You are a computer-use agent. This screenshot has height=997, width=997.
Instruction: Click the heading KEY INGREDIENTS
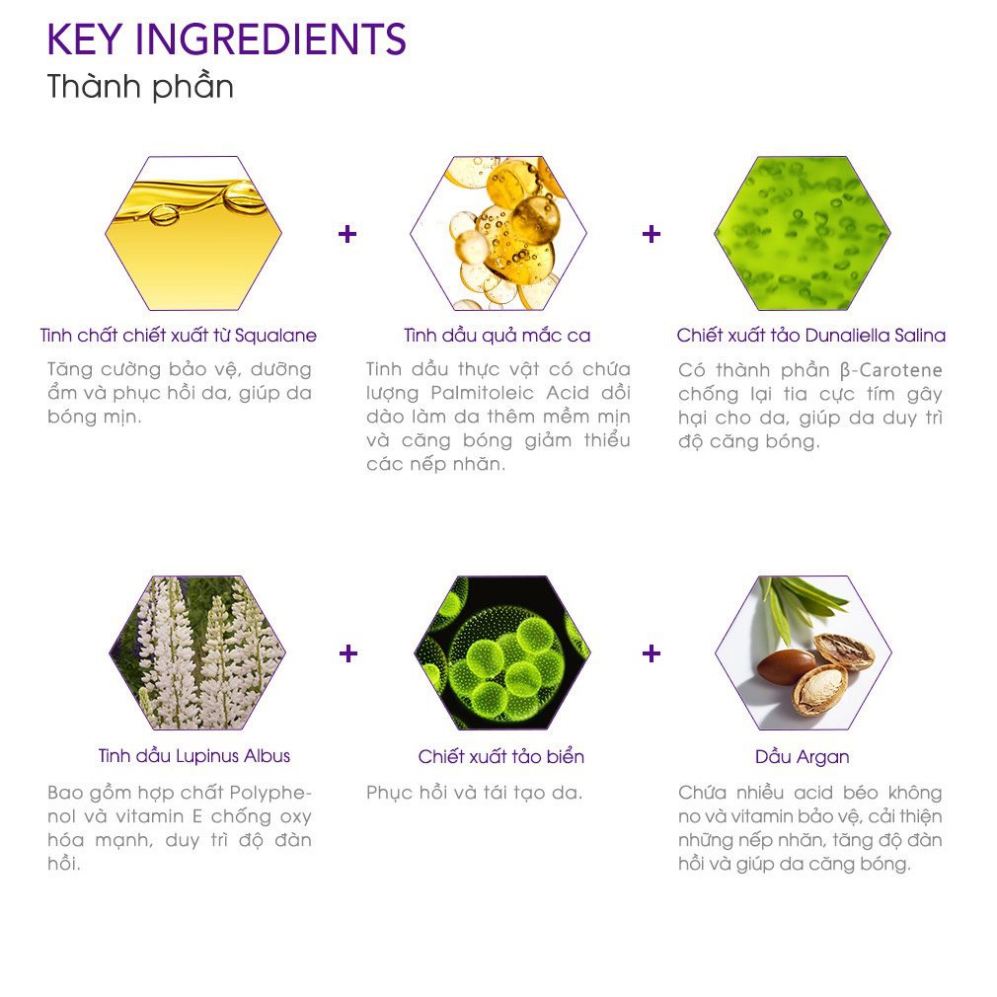pyautogui.click(x=226, y=39)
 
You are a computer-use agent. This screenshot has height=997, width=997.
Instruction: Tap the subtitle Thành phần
pyautogui.click(x=140, y=87)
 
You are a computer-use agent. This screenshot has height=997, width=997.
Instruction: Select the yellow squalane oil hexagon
pyautogui.click(x=193, y=233)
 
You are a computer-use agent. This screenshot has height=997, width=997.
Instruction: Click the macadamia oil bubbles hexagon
pyautogui.click(x=498, y=233)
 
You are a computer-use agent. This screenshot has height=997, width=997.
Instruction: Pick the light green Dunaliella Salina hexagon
pyautogui.click(x=803, y=233)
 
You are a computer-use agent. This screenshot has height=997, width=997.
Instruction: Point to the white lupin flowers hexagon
pyautogui.click(x=197, y=652)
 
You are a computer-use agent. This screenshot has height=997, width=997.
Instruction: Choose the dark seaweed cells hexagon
pyautogui.click(x=502, y=652)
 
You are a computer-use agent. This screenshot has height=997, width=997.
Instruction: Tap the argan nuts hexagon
pyautogui.click(x=804, y=652)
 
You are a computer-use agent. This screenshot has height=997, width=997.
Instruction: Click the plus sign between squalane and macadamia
pyautogui.click(x=347, y=234)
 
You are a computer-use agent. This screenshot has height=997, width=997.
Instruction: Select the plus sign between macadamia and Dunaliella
pyautogui.click(x=652, y=234)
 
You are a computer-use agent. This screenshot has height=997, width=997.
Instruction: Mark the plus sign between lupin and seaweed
pyautogui.click(x=348, y=653)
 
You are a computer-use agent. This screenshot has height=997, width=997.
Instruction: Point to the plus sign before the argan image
pyautogui.click(x=652, y=653)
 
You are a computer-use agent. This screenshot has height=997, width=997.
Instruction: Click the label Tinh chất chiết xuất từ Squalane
pyautogui.click(x=179, y=335)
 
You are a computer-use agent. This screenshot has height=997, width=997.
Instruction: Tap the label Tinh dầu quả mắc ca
pyautogui.click(x=498, y=335)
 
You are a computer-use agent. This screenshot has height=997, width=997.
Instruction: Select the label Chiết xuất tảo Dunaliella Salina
pyautogui.click(x=811, y=335)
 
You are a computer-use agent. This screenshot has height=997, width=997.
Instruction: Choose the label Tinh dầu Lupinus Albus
pyautogui.click(x=193, y=755)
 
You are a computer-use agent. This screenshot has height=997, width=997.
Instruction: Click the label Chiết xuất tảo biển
pyautogui.click(x=501, y=756)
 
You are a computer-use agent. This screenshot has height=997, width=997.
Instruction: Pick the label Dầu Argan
pyautogui.click(x=803, y=757)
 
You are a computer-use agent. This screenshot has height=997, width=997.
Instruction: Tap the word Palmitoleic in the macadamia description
pyautogui.click(x=483, y=393)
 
